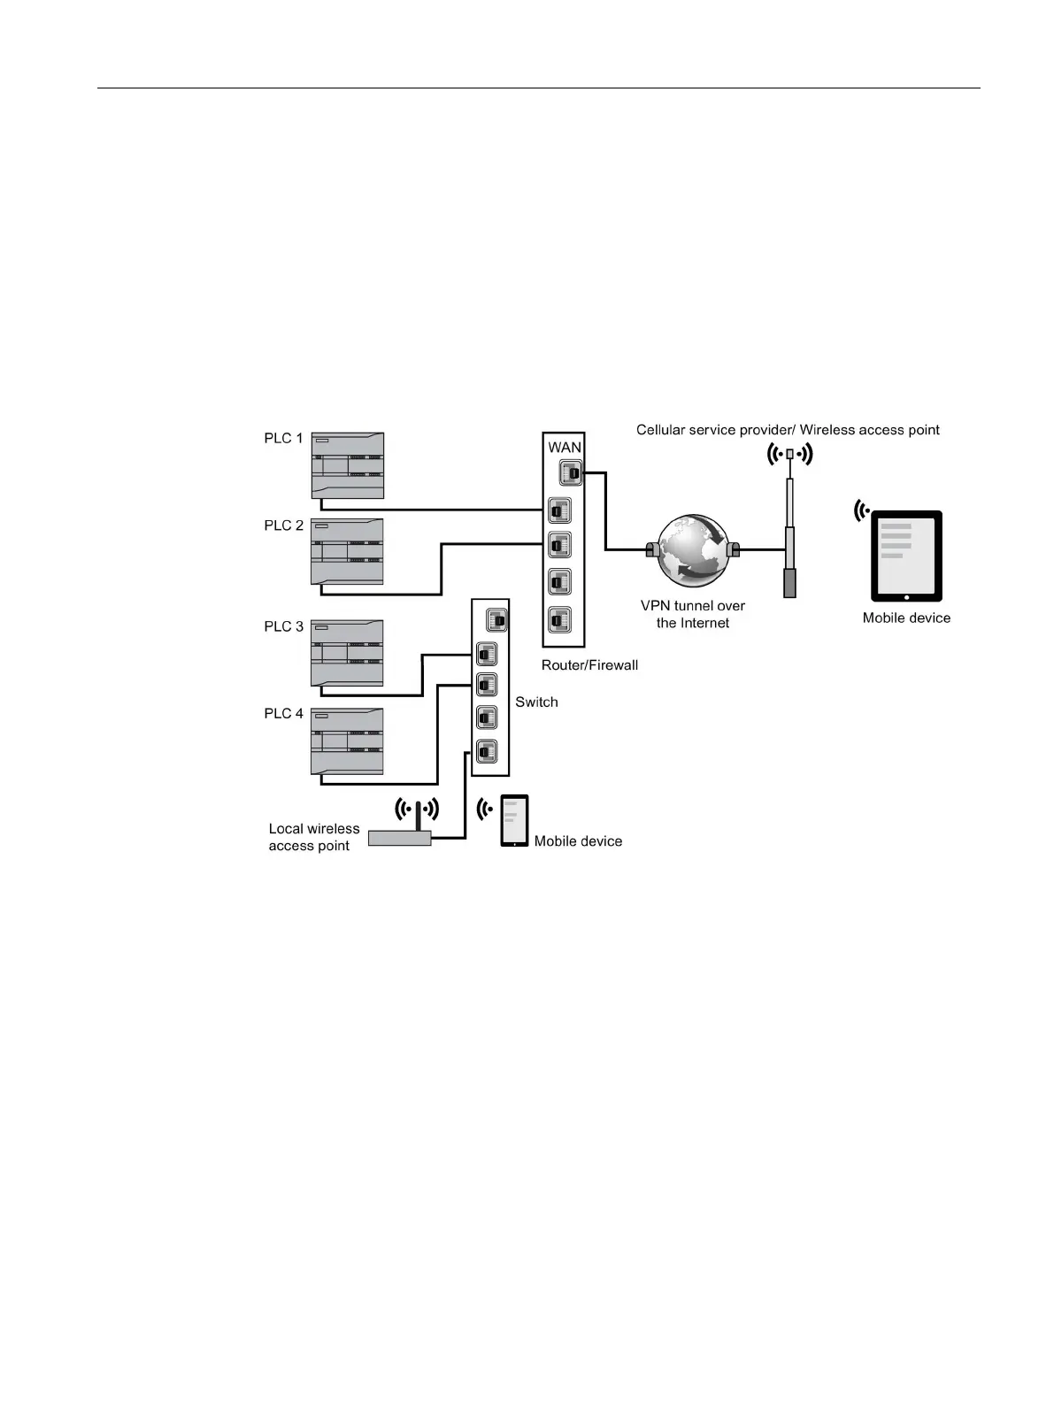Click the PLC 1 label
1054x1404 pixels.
283,438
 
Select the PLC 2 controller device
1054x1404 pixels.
347,551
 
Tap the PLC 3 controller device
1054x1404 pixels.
347,653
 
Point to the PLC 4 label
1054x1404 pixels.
283,713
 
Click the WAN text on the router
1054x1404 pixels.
564,447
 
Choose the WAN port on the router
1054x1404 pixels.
571,474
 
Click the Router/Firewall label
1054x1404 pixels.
589,664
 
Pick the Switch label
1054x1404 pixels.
536,702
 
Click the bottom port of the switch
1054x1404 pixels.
486,751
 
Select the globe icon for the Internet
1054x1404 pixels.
693,550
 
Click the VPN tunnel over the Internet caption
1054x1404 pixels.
693,614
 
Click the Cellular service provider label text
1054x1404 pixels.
788,430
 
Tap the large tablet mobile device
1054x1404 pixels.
906,555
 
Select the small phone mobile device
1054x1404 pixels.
514,820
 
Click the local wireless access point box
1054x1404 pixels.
399,838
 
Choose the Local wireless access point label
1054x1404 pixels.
313,837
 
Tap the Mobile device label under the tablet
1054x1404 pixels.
906,618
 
